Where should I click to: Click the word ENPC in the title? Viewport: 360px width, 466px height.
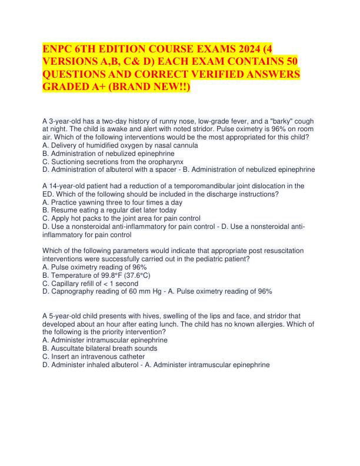[56, 50]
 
